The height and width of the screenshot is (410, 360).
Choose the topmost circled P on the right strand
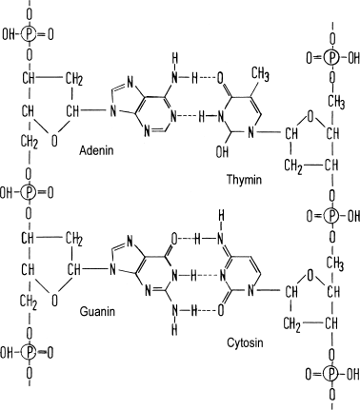330,57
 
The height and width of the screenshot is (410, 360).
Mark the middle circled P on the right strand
330,215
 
